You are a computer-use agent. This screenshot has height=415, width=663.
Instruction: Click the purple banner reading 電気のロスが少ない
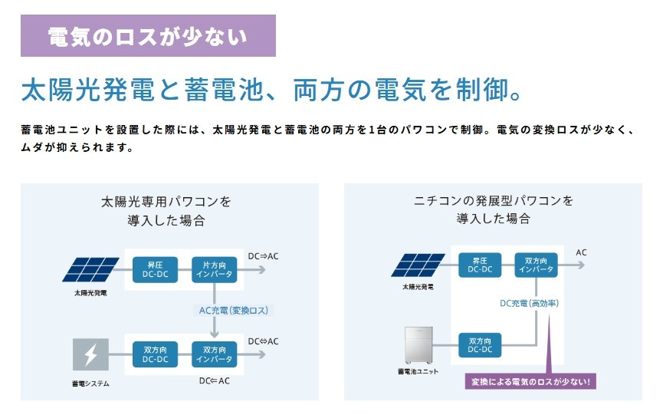click(x=148, y=35)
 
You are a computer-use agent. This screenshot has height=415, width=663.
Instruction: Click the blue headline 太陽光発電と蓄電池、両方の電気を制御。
click(x=271, y=89)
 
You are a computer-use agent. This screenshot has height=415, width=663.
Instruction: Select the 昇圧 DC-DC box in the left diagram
click(x=155, y=269)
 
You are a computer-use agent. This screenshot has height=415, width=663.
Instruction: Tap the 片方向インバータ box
click(x=215, y=269)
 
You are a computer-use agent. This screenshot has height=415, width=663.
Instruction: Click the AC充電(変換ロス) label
click(x=234, y=311)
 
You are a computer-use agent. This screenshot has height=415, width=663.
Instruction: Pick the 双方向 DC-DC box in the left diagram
click(x=155, y=354)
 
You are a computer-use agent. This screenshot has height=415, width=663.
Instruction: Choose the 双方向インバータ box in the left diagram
click(x=215, y=354)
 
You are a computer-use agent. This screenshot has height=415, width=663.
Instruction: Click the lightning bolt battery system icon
click(x=90, y=354)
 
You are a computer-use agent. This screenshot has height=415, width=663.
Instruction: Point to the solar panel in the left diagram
click(x=90, y=269)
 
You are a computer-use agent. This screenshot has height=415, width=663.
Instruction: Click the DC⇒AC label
click(x=263, y=256)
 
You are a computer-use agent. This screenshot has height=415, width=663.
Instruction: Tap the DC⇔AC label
click(x=263, y=341)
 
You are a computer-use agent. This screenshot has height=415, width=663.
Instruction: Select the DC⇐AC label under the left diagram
click(x=215, y=380)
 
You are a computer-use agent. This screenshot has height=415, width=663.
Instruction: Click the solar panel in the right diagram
click(x=418, y=265)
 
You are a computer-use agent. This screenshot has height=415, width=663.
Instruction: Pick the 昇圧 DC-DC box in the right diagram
click(x=480, y=265)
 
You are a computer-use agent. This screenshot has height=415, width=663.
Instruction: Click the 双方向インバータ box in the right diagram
click(x=537, y=265)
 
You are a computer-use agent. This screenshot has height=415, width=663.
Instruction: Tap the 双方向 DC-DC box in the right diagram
click(x=480, y=345)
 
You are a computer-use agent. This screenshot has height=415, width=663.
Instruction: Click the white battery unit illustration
click(x=418, y=345)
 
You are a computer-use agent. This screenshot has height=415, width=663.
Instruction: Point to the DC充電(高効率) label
click(x=530, y=303)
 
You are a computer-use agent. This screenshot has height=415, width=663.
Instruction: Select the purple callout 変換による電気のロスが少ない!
click(x=530, y=381)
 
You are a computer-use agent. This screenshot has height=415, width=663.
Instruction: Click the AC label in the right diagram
click(x=582, y=252)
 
